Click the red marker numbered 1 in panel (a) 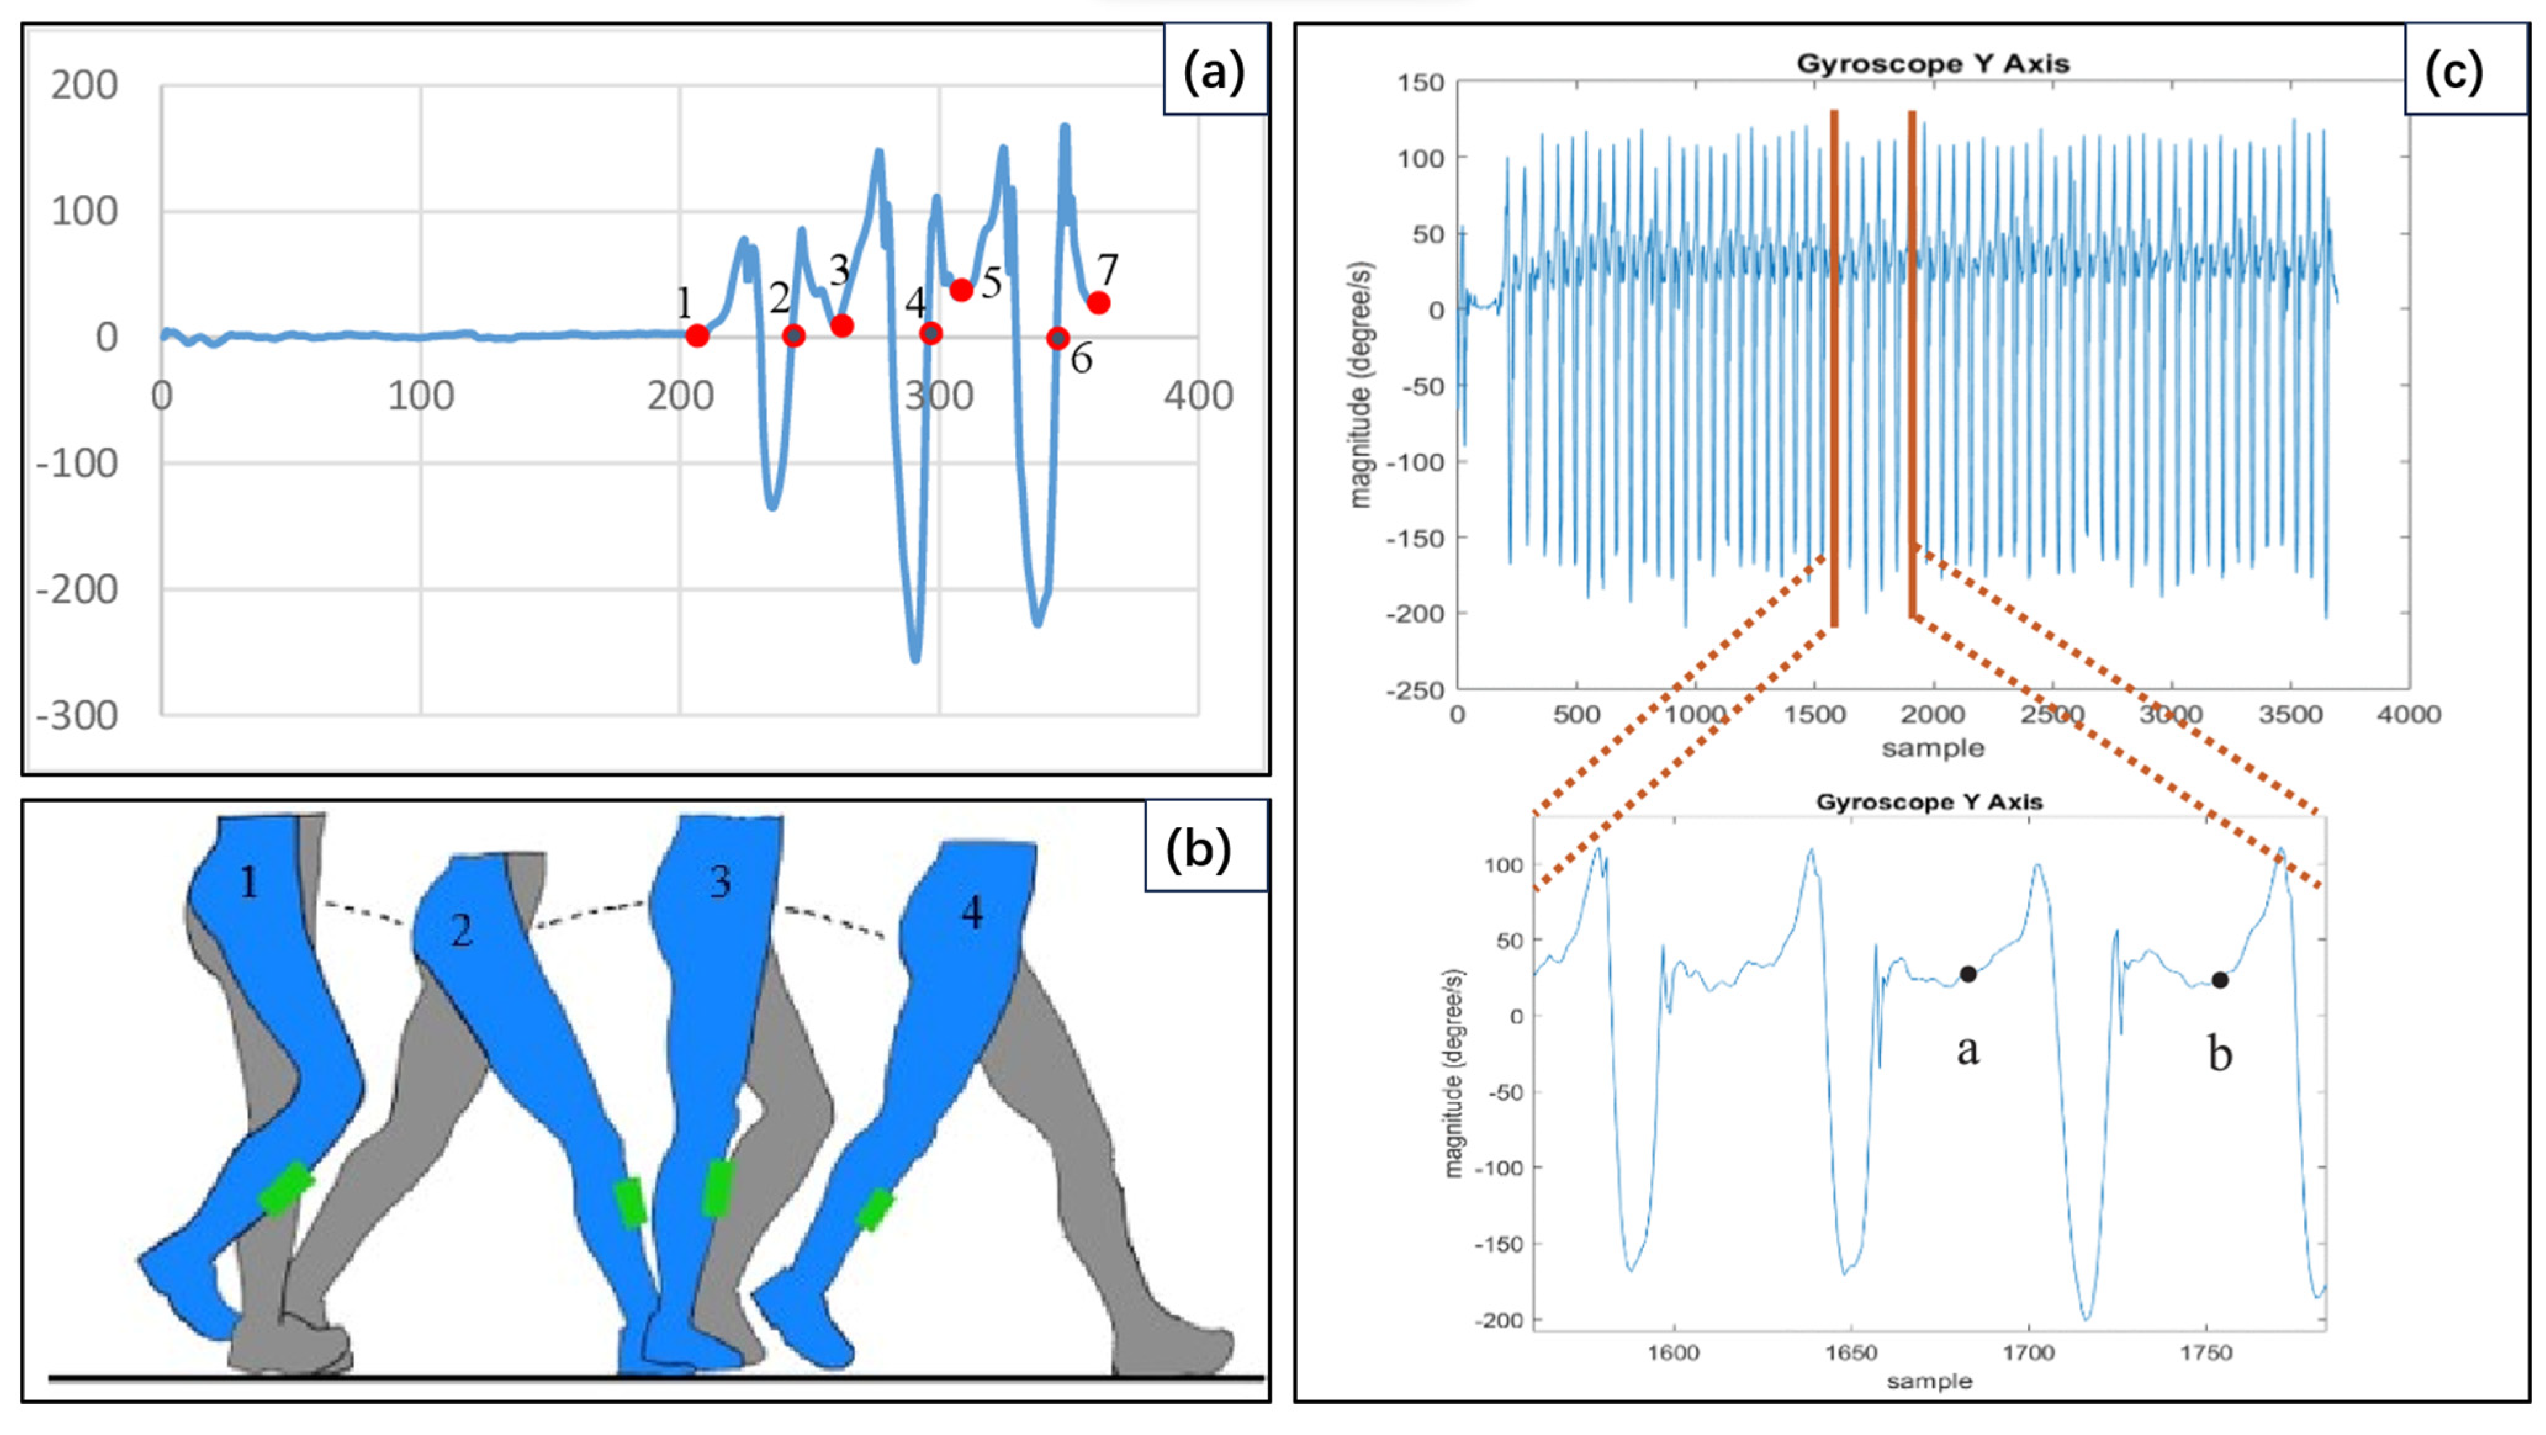coord(697,336)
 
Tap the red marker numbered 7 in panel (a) coord(1098,303)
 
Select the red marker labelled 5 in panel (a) coord(960,290)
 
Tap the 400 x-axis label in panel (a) coord(1198,396)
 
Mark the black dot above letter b coord(2220,980)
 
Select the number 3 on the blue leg coord(721,881)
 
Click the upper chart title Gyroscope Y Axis coord(1932,64)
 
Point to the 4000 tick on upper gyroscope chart coord(2409,714)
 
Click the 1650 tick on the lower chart coord(1850,1352)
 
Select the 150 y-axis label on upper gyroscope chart coord(1420,83)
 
